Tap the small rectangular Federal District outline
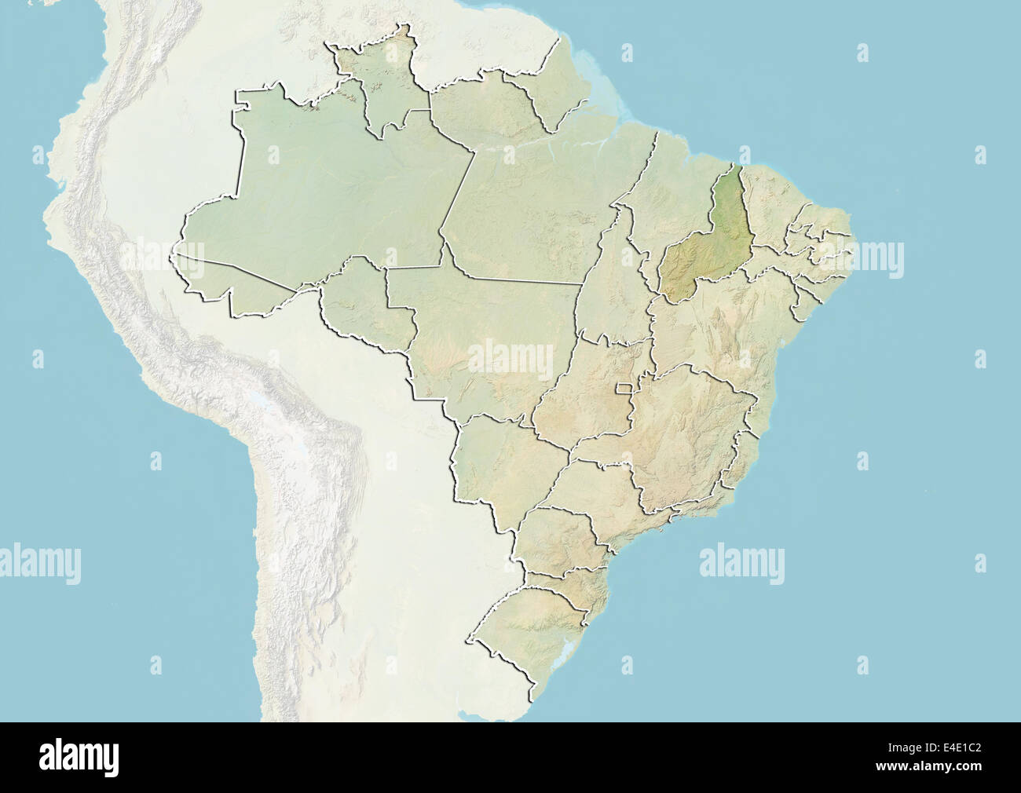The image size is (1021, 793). tap(626, 388)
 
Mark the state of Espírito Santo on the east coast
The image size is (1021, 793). tap(742, 463)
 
